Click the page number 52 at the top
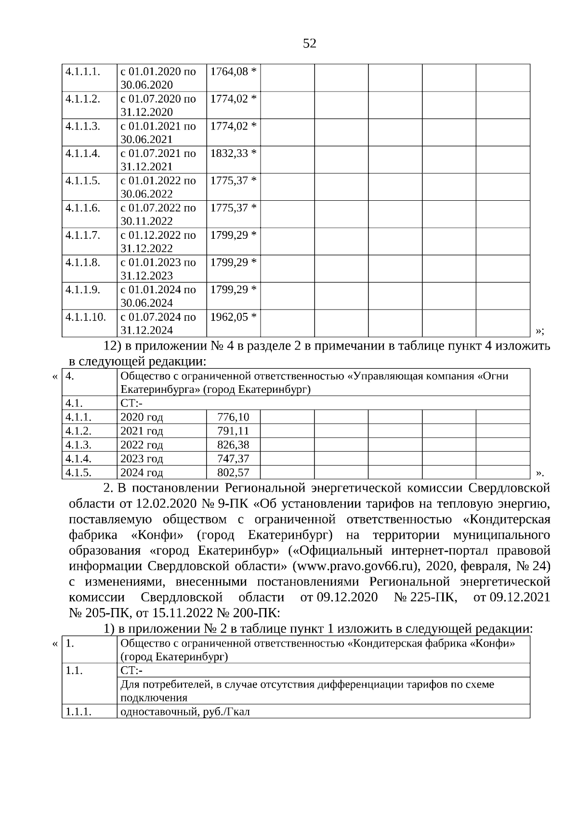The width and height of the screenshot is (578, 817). (x=310, y=44)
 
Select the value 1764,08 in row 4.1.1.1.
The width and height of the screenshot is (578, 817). (x=229, y=72)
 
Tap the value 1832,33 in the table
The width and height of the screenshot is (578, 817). (x=229, y=154)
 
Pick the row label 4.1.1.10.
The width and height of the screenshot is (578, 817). (x=86, y=317)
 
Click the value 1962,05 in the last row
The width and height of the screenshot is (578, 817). (x=229, y=317)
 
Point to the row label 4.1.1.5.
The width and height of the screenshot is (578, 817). (x=83, y=181)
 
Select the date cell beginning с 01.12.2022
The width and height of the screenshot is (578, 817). (x=158, y=242)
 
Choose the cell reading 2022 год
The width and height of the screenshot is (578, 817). (x=142, y=445)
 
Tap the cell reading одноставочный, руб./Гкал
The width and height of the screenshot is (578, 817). (x=185, y=712)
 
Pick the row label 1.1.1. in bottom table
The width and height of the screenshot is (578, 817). (x=79, y=712)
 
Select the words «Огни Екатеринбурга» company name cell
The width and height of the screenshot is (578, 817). (x=314, y=383)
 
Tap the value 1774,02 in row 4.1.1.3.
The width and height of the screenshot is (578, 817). (x=229, y=126)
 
